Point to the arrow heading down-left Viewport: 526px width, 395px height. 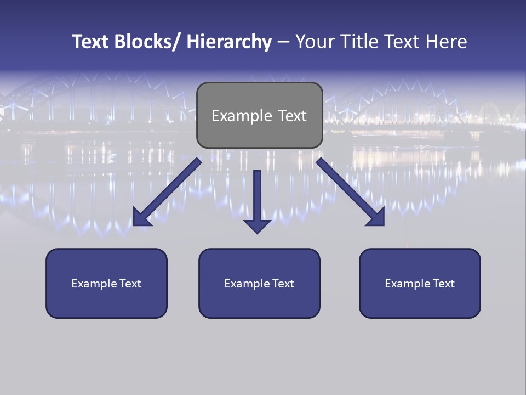[x=167, y=192]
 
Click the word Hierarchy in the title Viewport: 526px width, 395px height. [x=229, y=42]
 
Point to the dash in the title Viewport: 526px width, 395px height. [x=283, y=43]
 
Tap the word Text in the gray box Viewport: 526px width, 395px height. [x=292, y=116]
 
